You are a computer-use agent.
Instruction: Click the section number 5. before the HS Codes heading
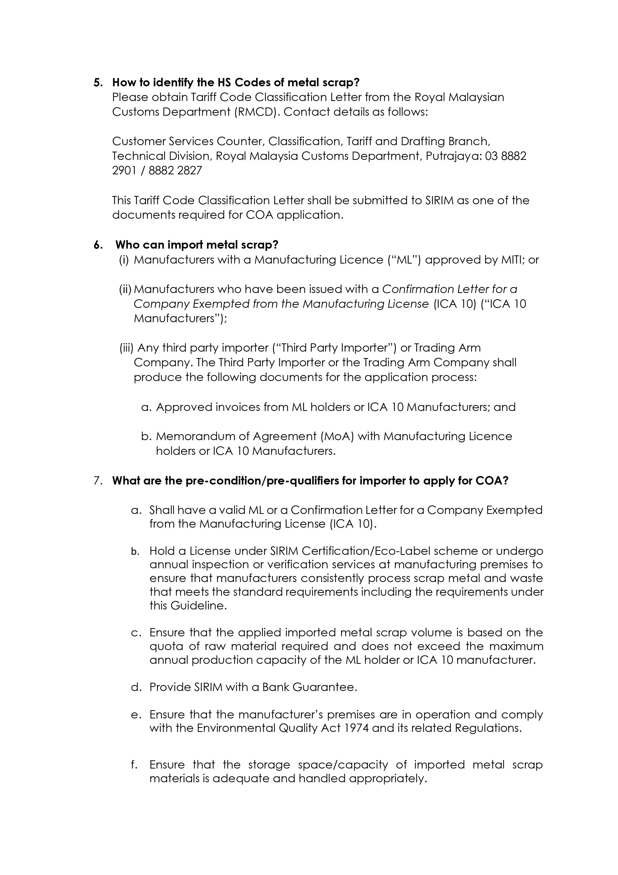[x=98, y=83]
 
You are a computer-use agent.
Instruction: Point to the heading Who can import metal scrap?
[x=197, y=245]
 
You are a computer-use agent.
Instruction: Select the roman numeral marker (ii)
[x=125, y=289]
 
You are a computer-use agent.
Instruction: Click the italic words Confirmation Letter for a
[x=449, y=289]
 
